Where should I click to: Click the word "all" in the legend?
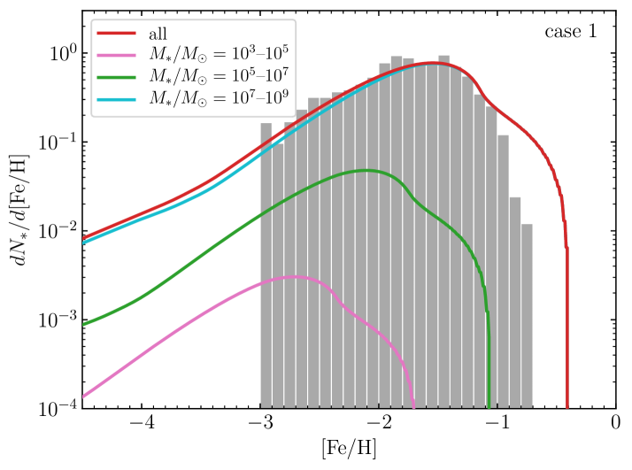coord(158,34)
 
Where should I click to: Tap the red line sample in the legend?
coord(115,34)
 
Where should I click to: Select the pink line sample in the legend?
coord(115,55)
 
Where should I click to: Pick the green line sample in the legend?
coord(115,77)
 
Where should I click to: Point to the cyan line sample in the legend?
coord(115,99)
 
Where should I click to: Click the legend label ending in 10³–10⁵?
coord(218,55)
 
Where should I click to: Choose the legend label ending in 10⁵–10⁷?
coord(218,77)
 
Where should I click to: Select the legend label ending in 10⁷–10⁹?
coord(218,99)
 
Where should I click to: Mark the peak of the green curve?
coord(365,170)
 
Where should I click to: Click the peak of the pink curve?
coord(297,277)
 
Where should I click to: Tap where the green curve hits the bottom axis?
coord(489,406)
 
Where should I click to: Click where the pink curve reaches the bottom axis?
coord(413,406)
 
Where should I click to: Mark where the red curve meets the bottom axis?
coord(567,406)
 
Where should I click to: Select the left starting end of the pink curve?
coord(84,396)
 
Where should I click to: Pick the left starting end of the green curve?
coord(84,324)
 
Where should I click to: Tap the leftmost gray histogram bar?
coord(266,265)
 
